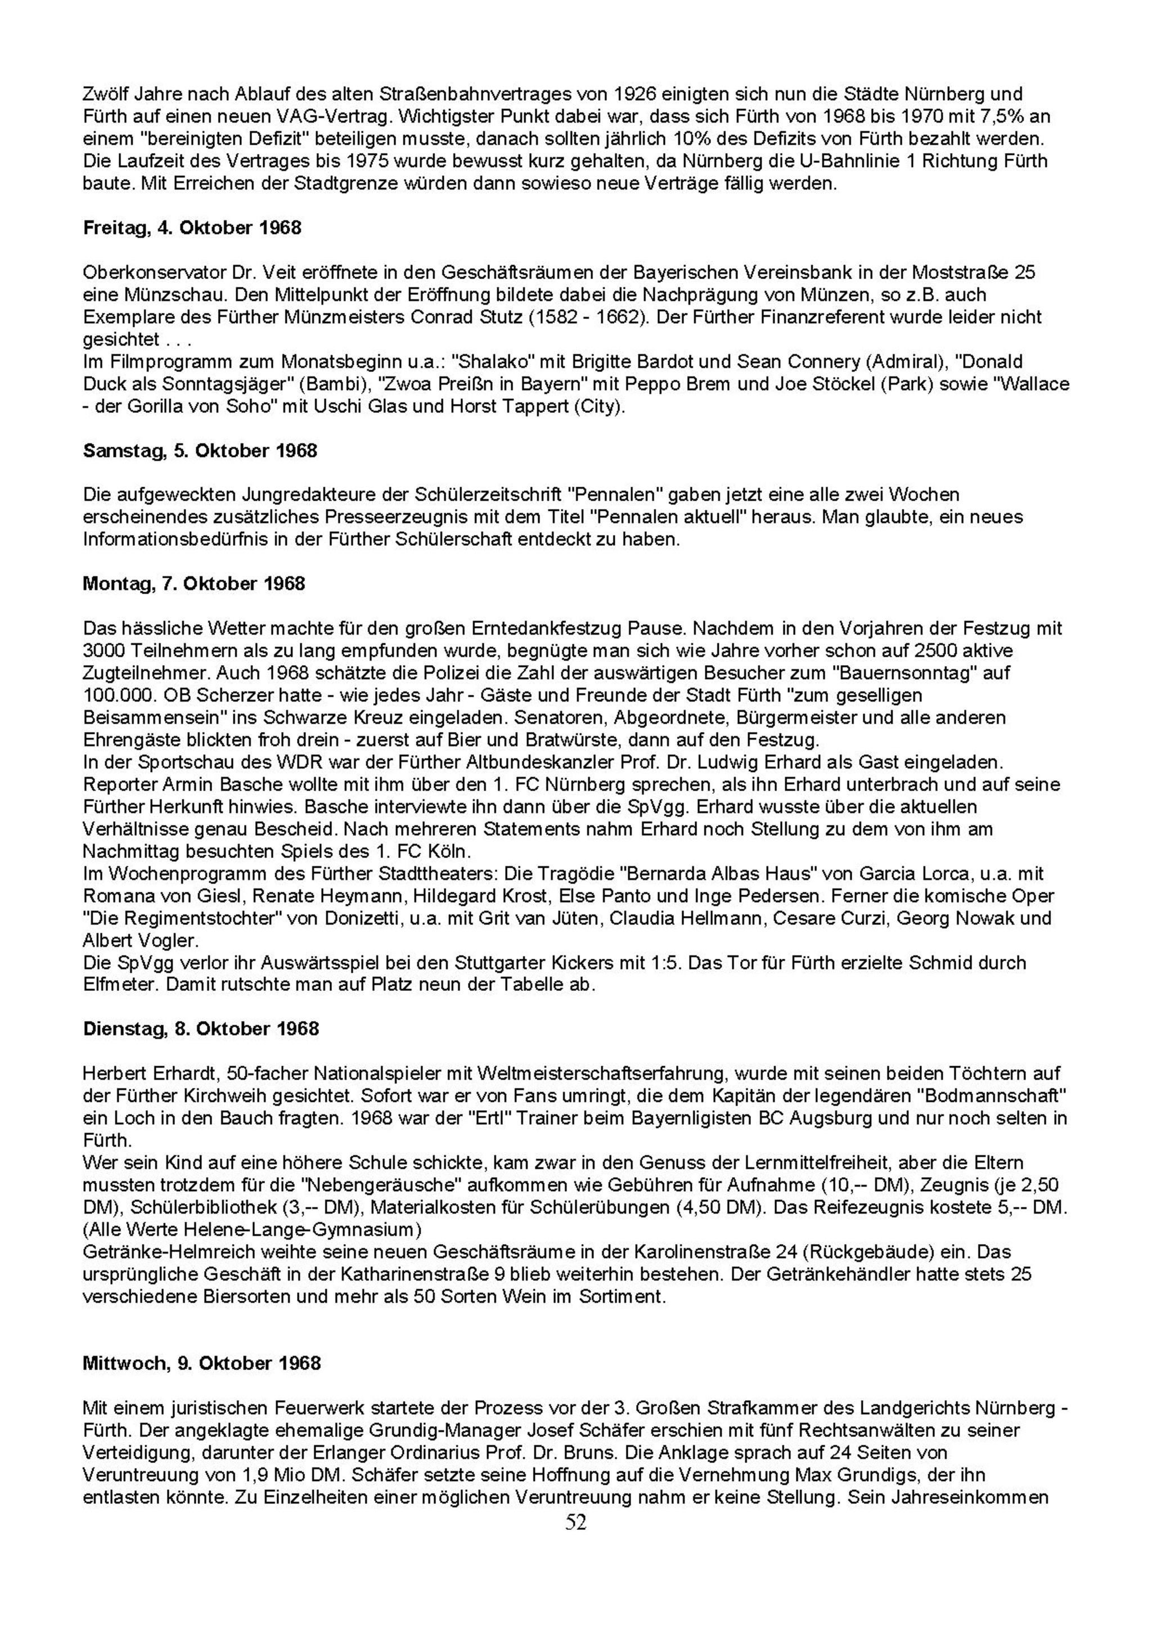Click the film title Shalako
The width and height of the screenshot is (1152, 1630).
coord(485,362)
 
